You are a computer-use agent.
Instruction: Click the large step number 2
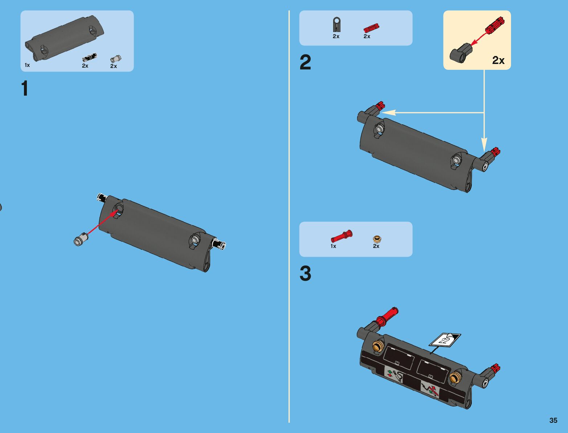tap(305, 63)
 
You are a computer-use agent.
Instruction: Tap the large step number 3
tap(305, 273)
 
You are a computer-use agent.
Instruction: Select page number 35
tap(553, 420)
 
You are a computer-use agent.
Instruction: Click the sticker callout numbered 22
tap(445, 340)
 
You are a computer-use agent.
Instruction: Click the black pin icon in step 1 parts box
tap(90, 57)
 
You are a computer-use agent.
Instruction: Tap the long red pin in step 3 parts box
tap(342, 236)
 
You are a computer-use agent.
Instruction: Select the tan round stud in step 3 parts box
tap(377, 239)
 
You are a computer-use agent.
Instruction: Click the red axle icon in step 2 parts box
tap(371, 28)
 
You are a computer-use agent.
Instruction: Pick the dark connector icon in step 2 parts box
tap(336, 24)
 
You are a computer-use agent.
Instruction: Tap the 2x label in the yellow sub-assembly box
tap(498, 60)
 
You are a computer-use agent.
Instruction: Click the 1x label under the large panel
tap(27, 65)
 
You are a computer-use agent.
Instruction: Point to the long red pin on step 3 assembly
tap(387, 317)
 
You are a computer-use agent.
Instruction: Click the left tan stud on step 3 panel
tap(377, 346)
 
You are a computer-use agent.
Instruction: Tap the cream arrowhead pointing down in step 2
tap(484, 144)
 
